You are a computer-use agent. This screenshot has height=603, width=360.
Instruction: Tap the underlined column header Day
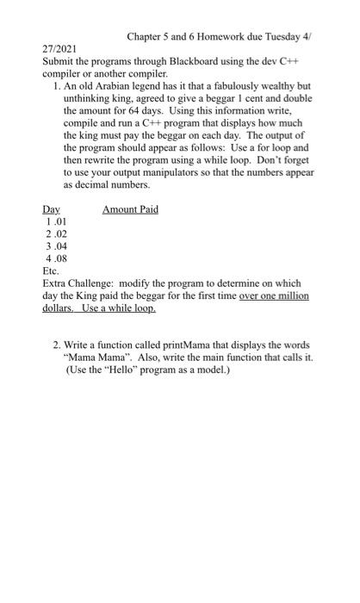(x=51, y=209)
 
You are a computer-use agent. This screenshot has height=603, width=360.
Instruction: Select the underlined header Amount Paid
(x=130, y=209)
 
